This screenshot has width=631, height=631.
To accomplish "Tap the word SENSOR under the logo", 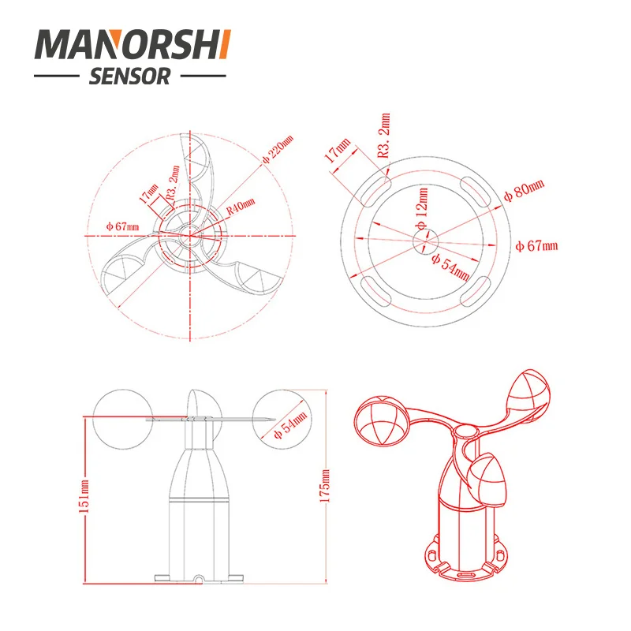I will click(x=131, y=77).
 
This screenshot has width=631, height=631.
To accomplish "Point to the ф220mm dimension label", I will click(x=277, y=150).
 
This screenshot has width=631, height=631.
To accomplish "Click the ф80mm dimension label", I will click(x=525, y=190).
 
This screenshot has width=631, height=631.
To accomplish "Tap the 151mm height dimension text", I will click(x=85, y=495).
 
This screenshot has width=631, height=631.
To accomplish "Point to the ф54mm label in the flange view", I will click(x=450, y=269).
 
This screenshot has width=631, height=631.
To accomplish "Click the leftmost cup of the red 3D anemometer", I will click(x=383, y=423).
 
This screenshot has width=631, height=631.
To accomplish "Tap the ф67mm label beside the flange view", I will click(x=536, y=246).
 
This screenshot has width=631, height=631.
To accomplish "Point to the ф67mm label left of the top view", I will click(x=123, y=227).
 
